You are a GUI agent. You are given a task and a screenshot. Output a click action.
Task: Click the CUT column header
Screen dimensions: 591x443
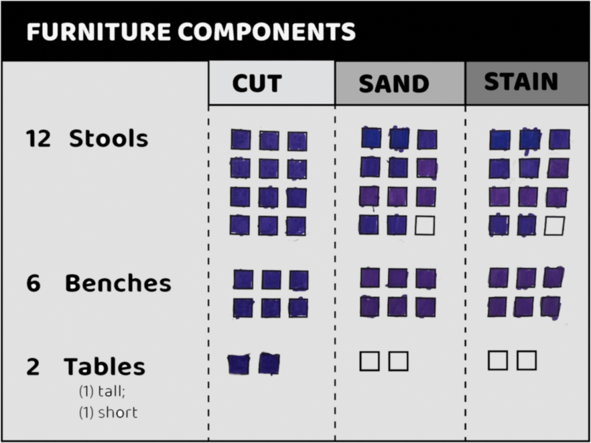[257, 83]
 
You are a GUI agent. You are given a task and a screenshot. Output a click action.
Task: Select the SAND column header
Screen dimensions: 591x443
[394, 84]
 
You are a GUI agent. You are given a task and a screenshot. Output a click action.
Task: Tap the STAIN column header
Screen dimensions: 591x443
[521, 81]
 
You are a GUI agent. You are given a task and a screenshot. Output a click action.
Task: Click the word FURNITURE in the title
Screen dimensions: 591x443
[99, 31]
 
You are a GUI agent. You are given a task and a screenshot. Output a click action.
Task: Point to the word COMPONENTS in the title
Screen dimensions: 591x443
[266, 31]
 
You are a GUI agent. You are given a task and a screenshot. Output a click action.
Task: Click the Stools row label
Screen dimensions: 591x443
[109, 138]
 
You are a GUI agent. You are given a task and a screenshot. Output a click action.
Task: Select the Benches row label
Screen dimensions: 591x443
[118, 283]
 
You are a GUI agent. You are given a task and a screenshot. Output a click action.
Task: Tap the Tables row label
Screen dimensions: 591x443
[105, 366]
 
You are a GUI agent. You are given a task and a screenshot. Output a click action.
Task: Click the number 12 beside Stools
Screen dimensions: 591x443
[38, 138]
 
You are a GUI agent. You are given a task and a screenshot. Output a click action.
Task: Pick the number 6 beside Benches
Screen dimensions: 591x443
[33, 283]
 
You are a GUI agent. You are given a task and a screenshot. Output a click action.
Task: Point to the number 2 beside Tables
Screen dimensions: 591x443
[33, 367]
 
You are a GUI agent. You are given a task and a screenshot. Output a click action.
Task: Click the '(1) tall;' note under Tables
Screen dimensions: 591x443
[102, 392]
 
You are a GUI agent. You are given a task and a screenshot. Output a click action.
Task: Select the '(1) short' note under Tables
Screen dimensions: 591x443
[108, 412]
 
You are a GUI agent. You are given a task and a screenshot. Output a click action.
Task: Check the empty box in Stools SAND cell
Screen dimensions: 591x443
[425, 226]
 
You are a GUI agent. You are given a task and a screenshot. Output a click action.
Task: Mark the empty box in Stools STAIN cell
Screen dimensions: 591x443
[555, 226]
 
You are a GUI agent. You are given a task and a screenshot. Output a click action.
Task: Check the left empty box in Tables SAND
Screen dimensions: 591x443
[370, 361]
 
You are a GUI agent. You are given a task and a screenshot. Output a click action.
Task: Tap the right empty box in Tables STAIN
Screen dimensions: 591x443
[526, 361]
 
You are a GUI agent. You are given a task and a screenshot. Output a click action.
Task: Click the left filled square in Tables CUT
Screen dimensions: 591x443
[239, 365]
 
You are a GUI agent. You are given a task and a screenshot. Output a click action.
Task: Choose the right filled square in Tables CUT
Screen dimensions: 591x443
[269, 363]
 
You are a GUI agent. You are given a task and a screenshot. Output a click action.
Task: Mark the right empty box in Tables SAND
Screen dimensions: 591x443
[399, 361]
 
